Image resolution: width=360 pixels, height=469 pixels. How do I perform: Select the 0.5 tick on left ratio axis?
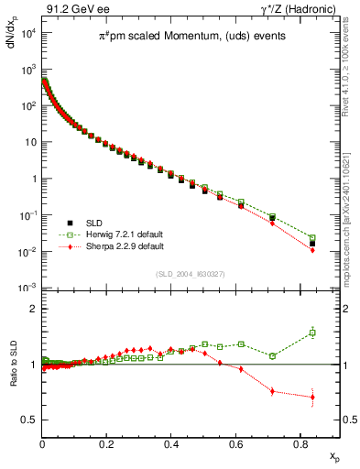tap(29, 420)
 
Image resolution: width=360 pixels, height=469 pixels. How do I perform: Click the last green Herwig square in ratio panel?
tap(312, 333)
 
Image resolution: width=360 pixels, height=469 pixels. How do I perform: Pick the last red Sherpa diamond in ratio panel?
tap(312, 398)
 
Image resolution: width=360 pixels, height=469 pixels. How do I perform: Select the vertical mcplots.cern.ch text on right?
tap(353, 211)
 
